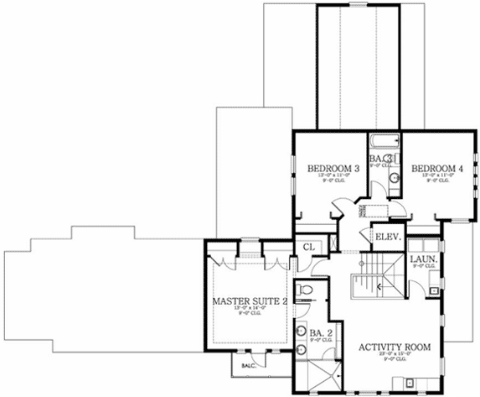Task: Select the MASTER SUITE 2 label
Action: pyautogui.click(x=250, y=300)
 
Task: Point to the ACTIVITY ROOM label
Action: pyautogui.click(x=394, y=347)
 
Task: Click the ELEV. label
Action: pyautogui.click(x=387, y=238)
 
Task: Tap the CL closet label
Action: pyautogui.click(x=309, y=247)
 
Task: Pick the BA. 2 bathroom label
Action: pyautogui.click(x=320, y=333)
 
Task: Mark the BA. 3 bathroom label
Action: pyautogui.click(x=382, y=158)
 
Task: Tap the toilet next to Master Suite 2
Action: pyautogui.click(x=306, y=291)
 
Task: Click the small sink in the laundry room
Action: pyautogui.click(x=432, y=290)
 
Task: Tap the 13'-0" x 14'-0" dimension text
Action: pyautogui.click(x=249, y=308)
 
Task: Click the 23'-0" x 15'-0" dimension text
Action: pyautogui.click(x=394, y=354)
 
